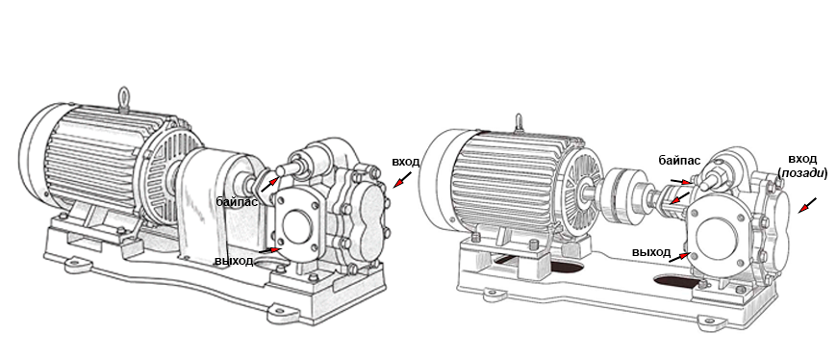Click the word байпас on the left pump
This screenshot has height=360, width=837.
(x=237, y=202)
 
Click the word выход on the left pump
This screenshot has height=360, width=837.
(x=233, y=262)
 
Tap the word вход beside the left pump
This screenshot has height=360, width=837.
(x=406, y=162)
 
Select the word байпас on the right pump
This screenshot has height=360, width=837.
(x=679, y=160)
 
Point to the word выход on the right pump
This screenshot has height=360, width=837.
(x=651, y=252)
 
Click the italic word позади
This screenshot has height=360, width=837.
(x=802, y=173)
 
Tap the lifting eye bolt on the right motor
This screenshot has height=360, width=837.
(x=519, y=122)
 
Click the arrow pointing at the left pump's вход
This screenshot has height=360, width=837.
(x=402, y=180)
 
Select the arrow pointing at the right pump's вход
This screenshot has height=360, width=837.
(x=807, y=206)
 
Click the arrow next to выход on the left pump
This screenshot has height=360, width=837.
(x=270, y=250)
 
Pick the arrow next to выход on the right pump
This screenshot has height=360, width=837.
(x=678, y=257)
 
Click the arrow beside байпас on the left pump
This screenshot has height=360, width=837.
(x=269, y=185)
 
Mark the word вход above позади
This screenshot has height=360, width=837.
(x=802, y=160)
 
